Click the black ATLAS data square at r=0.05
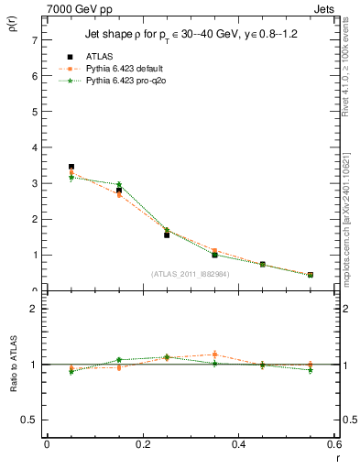(x=71, y=167)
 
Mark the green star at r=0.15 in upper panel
(x=119, y=185)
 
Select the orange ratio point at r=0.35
(x=214, y=354)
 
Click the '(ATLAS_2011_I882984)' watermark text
(x=190, y=273)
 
